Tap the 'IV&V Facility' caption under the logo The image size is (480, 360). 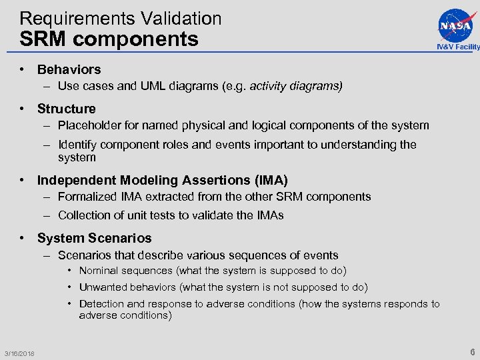(458, 47)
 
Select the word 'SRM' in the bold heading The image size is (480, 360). (44, 39)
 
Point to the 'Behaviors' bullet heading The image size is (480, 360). (69, 69)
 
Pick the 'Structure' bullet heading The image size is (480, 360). (66, 109)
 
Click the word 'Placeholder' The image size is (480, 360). (90, 125)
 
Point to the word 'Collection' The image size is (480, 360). (84, 215)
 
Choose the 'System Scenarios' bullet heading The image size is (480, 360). (94, 238)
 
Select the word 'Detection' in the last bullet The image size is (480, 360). (103, 304)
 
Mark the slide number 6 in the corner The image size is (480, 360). (472, 352)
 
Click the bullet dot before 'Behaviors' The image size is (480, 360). (23, 69)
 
